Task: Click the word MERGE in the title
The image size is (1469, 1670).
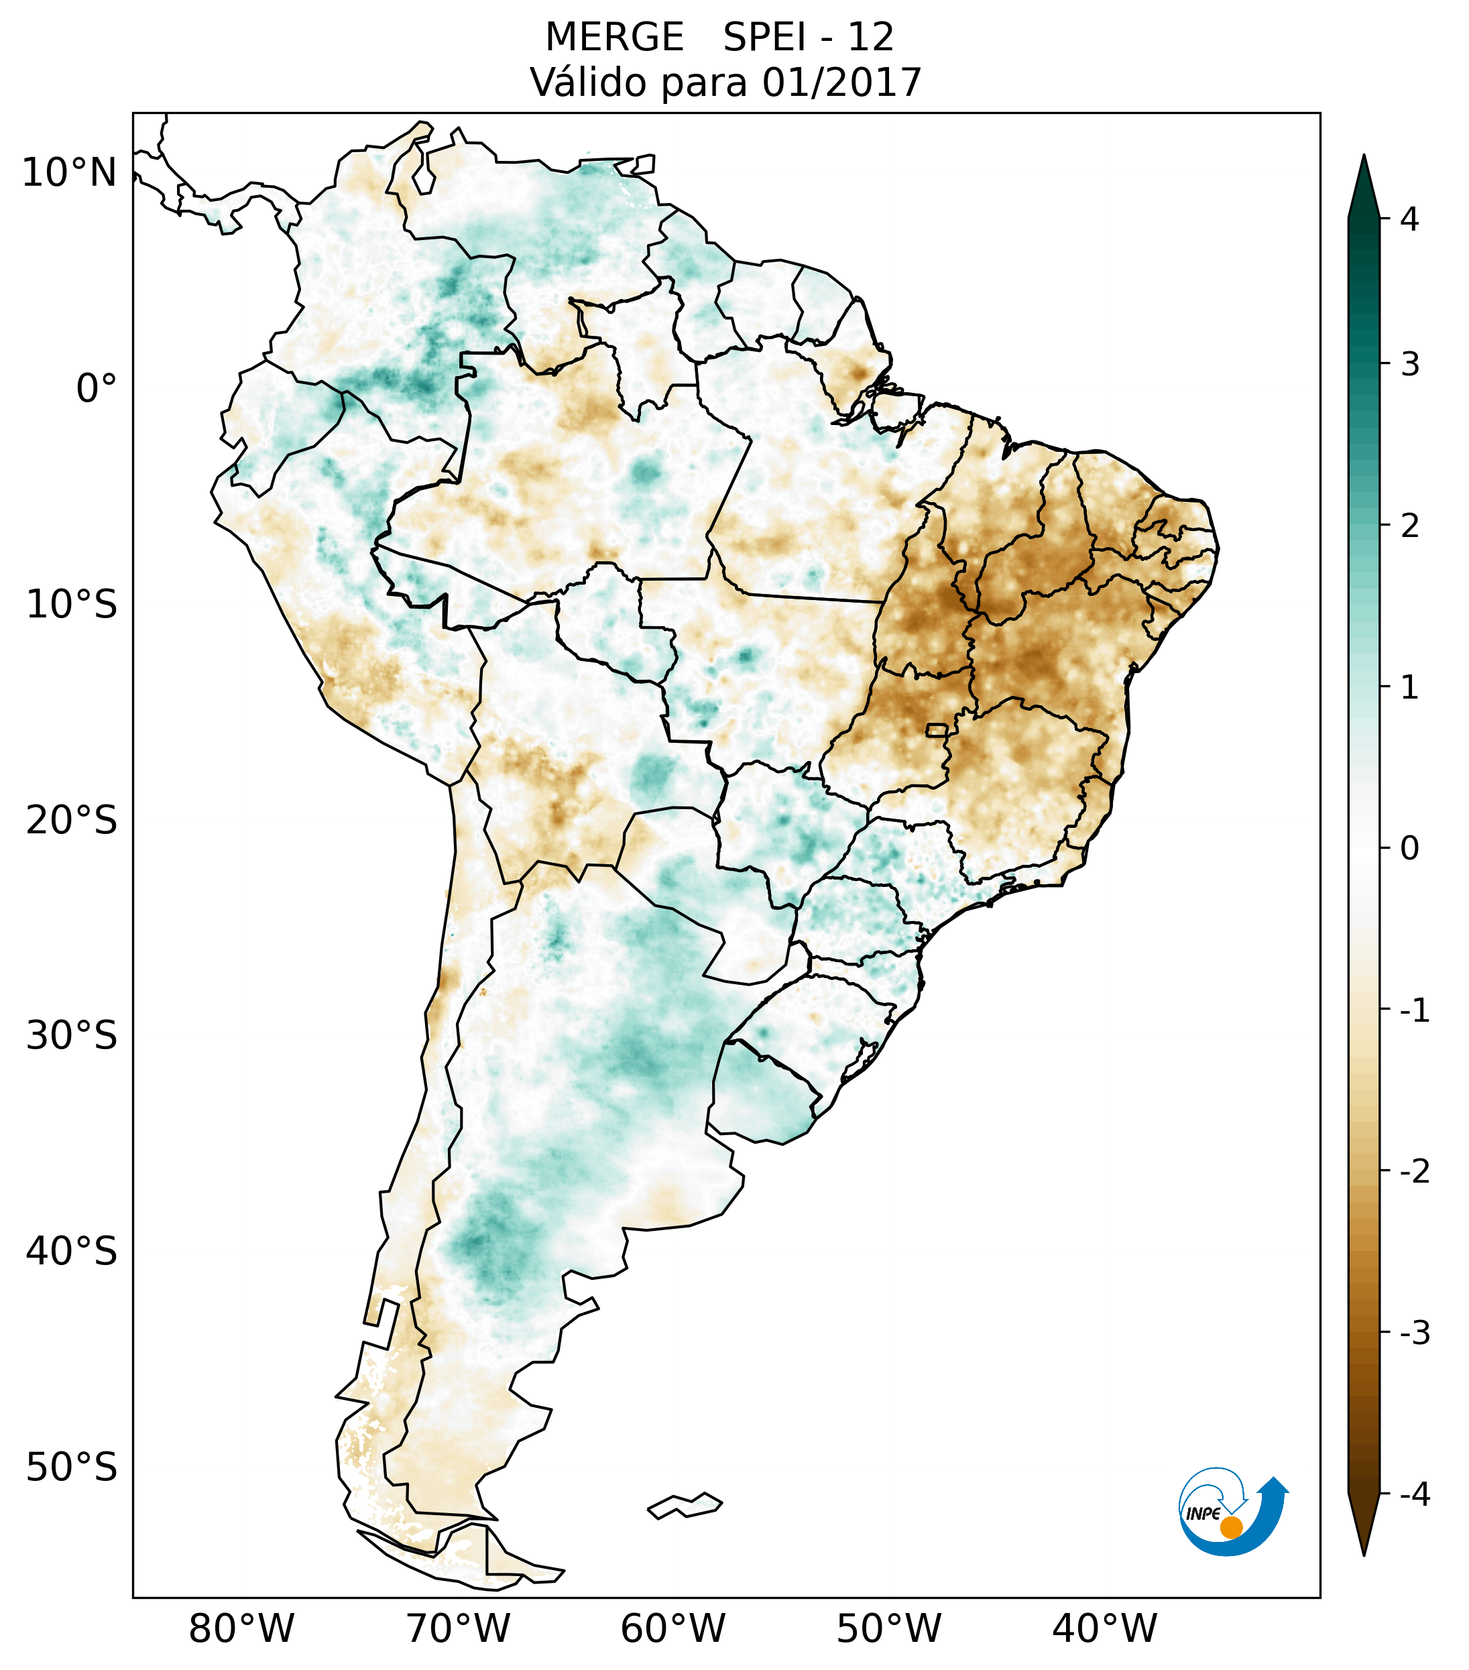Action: [614, 38]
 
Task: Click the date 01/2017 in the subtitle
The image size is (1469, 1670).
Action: [841, 82]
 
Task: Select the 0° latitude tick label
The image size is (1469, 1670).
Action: [97, 389]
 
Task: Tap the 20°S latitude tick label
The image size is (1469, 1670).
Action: [72, 821]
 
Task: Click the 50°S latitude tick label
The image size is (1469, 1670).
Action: [72, 1468]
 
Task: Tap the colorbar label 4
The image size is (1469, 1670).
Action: [1409, 219]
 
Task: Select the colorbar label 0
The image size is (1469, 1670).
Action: [1409, 849]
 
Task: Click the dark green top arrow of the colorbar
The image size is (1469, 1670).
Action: [1364, 186]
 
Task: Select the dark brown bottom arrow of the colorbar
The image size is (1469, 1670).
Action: [1364, 1527]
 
